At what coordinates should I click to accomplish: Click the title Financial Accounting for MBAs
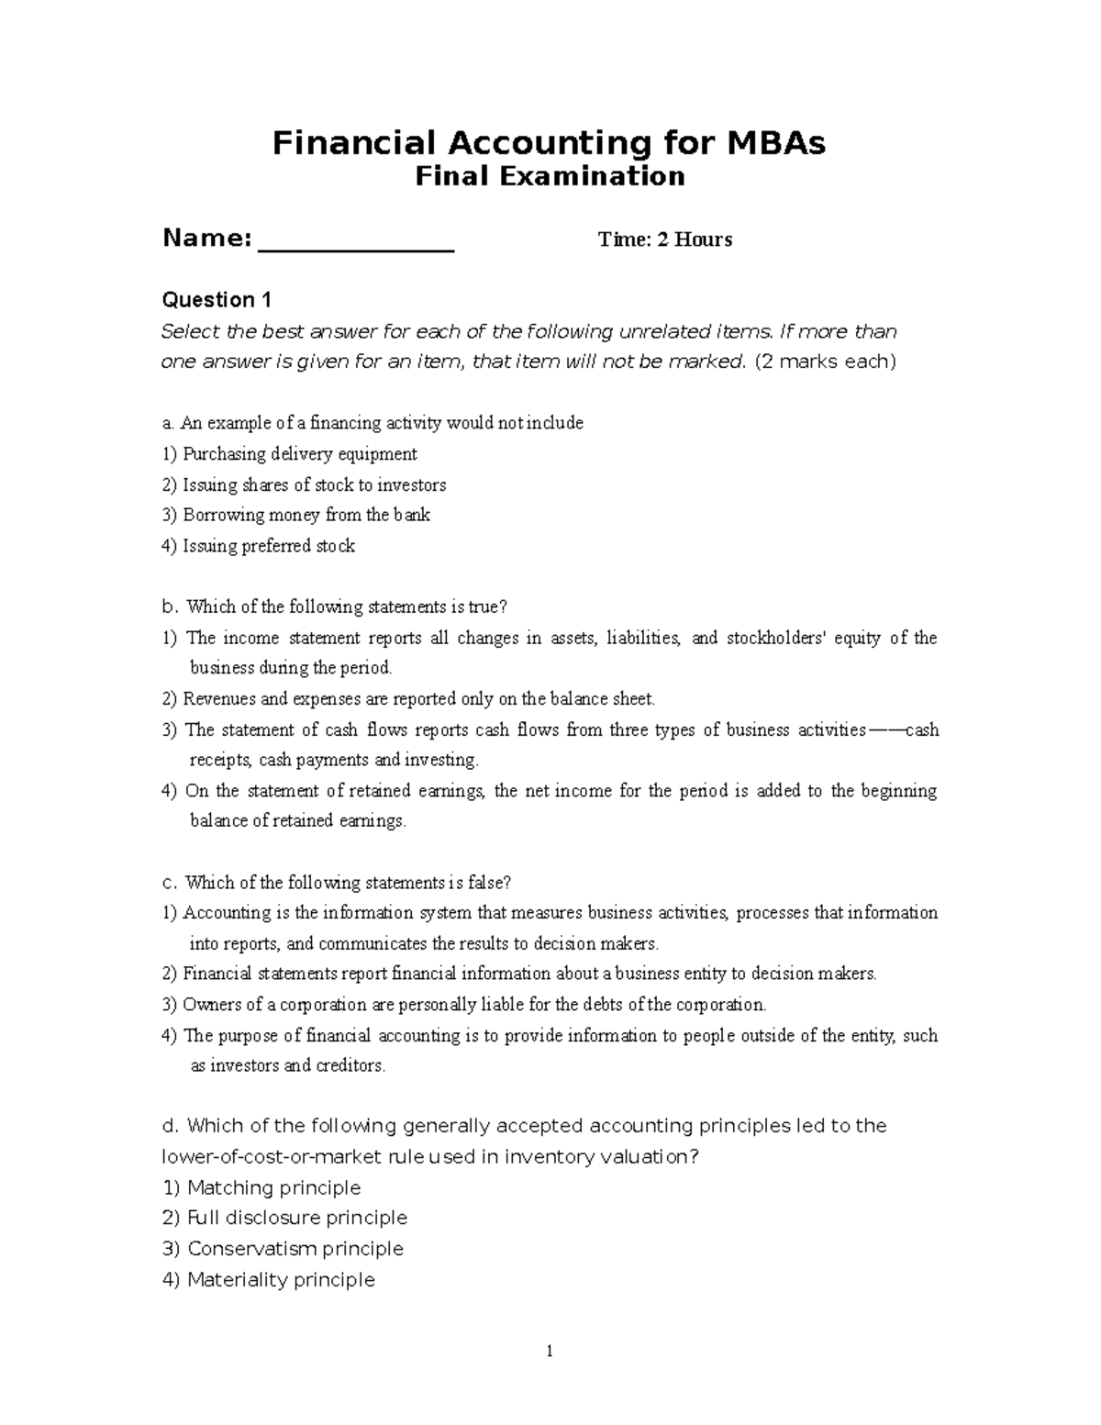point(549,143)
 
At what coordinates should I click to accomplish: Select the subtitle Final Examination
point(550,176)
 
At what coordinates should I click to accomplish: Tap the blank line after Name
point(357,243)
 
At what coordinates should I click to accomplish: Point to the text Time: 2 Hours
point(665,240)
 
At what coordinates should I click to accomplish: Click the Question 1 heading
point(217,300)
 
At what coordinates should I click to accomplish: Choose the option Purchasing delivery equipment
point(299,454)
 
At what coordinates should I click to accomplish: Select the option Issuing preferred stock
point(269,546)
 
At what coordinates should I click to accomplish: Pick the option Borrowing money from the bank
point(306,515)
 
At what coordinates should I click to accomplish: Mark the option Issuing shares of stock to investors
point(314,484)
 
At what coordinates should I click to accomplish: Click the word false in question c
point(488,883)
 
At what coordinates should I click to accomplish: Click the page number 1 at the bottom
point(550,1351)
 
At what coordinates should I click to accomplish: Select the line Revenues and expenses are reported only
point(418,699)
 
